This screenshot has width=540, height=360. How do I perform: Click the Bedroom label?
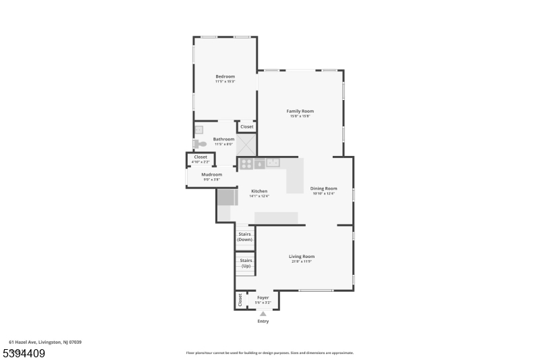(225, 76)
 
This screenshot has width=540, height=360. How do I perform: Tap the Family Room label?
(300, 111)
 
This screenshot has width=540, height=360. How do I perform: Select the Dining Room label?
(323, 188)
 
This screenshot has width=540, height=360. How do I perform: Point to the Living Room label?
(302, 256)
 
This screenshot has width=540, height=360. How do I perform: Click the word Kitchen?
(259, 191)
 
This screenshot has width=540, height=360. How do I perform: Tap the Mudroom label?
(211, 174)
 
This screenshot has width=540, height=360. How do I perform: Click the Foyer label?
(263, 297)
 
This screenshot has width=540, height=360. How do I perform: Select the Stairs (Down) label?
(244, 237)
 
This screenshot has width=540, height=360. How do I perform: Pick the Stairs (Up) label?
(246, 263)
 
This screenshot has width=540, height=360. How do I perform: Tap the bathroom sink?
(198, 130)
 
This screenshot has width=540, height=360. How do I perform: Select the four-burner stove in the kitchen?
(246, 163)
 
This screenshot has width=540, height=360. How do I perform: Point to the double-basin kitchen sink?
(273, 163)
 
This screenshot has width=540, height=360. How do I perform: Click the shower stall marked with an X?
(246, 144)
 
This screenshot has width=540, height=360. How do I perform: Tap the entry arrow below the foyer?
(263, 313)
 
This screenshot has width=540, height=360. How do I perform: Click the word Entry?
(263, 321)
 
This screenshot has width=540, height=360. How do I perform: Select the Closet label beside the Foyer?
(239, 299)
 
